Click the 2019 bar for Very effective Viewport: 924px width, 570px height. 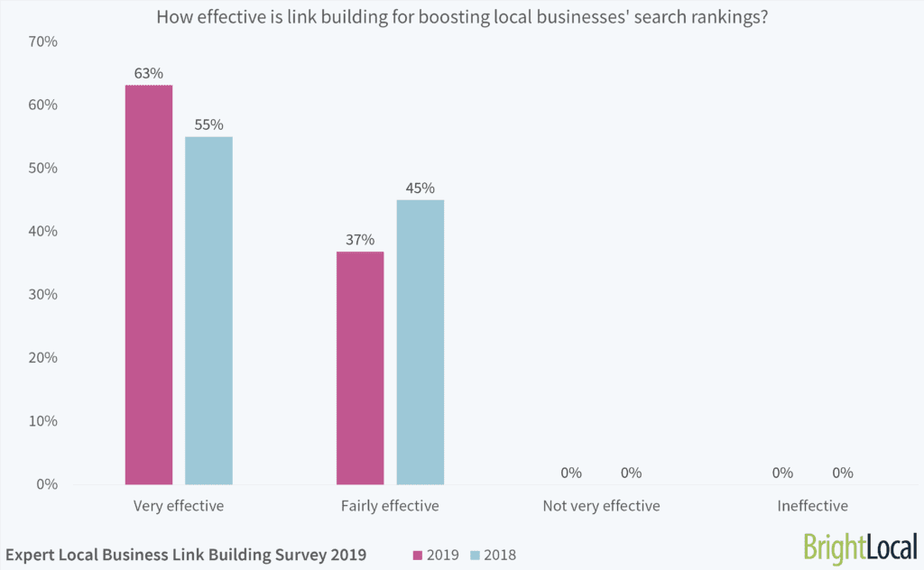(x=149, y=284)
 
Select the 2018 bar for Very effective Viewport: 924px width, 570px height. (x=208, y=310)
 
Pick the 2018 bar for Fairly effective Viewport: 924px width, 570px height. (x=420, y=342)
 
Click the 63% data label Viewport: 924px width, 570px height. (x=149, y=71)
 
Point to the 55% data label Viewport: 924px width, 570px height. (x=208, y=124)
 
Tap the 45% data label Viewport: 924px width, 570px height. (x=420, y=188)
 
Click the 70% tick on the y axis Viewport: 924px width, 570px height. (x=43, y=41)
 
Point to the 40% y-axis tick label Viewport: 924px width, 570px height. (x=43, y=231)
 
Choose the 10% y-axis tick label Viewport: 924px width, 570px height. (x=43, y=420)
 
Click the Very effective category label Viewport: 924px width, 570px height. (x=178, y=506)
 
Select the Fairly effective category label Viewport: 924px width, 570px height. (x=390, y=506)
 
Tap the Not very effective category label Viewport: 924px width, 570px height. (x=601, y=506)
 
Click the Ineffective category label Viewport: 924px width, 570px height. (x=812, y=506)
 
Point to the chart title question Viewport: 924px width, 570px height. (x=462, y=16)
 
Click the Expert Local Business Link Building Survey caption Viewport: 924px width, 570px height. (x=186, y=555)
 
